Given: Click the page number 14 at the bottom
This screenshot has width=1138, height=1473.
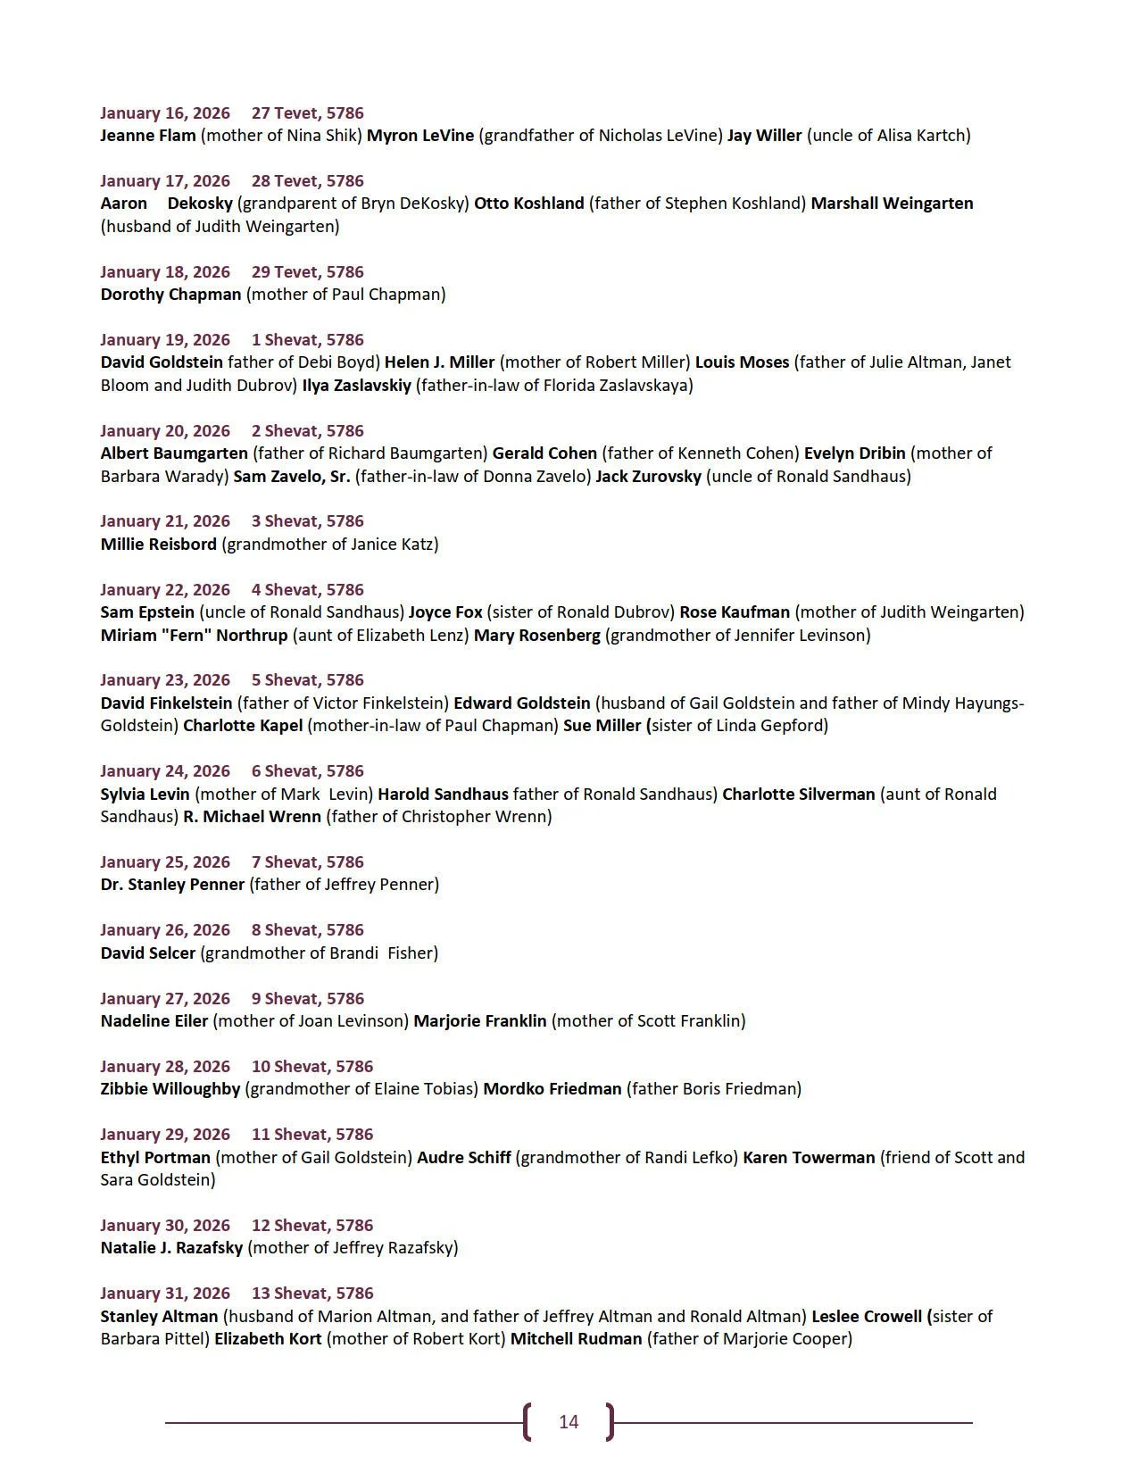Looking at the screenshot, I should click(569, 1422).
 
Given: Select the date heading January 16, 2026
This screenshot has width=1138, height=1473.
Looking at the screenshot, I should click(165, 112).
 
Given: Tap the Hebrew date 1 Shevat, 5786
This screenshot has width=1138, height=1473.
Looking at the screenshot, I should click(308, 339).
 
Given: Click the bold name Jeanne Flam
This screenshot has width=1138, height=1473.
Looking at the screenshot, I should click(148, 136).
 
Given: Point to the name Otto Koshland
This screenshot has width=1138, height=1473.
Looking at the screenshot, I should click(528, 204).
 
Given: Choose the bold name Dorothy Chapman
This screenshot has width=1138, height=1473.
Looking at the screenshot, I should click(170, 295).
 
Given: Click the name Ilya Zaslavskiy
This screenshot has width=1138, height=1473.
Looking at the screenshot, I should click(356, 386).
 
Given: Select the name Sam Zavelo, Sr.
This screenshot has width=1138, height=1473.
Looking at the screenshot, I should click(292, 476).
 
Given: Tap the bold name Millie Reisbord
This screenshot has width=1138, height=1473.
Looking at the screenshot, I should click(159, 544).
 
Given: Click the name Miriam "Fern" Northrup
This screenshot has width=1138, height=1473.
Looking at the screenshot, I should click(194, 635).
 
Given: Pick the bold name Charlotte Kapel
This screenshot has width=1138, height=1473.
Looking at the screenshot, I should click(243, 726).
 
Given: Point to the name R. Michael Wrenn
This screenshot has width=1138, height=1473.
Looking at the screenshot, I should click(252, 816).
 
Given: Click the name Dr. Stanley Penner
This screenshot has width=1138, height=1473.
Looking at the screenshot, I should click(172, 885).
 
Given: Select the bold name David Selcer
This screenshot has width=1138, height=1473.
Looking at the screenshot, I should click(148, 953).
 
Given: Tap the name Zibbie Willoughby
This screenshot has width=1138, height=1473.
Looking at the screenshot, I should click(170, 1089).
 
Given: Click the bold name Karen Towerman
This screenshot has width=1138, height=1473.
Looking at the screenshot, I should click(809, 1157).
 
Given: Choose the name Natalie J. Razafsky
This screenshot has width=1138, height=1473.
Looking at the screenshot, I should click(171, 1248).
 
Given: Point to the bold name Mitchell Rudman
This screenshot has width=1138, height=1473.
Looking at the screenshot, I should click(576, 1339).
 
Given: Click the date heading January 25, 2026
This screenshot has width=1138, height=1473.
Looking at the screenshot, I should click(165, 861).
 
